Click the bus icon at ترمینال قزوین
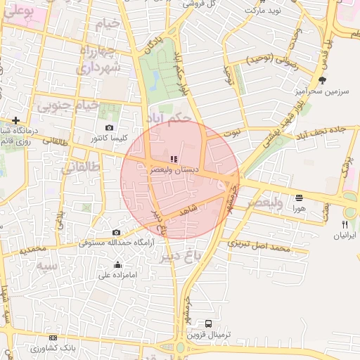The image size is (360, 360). coord(208,323)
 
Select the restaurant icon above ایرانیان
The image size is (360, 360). coord(345,224)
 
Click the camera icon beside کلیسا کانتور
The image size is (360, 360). coord(109,127)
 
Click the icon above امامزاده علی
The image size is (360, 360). coord(117,264)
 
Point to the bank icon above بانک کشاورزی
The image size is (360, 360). coord(53,338)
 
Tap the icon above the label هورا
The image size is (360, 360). coord(300,198)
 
